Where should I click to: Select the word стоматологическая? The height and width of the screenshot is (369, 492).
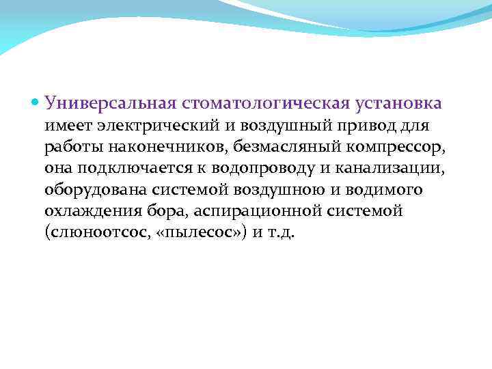pyautogui.click(x=266, y=103)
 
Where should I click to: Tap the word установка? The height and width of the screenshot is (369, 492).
pyautogui.click(x=398, y=103)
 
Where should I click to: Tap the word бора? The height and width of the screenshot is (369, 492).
pyautogui.click(x=158, y=210)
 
